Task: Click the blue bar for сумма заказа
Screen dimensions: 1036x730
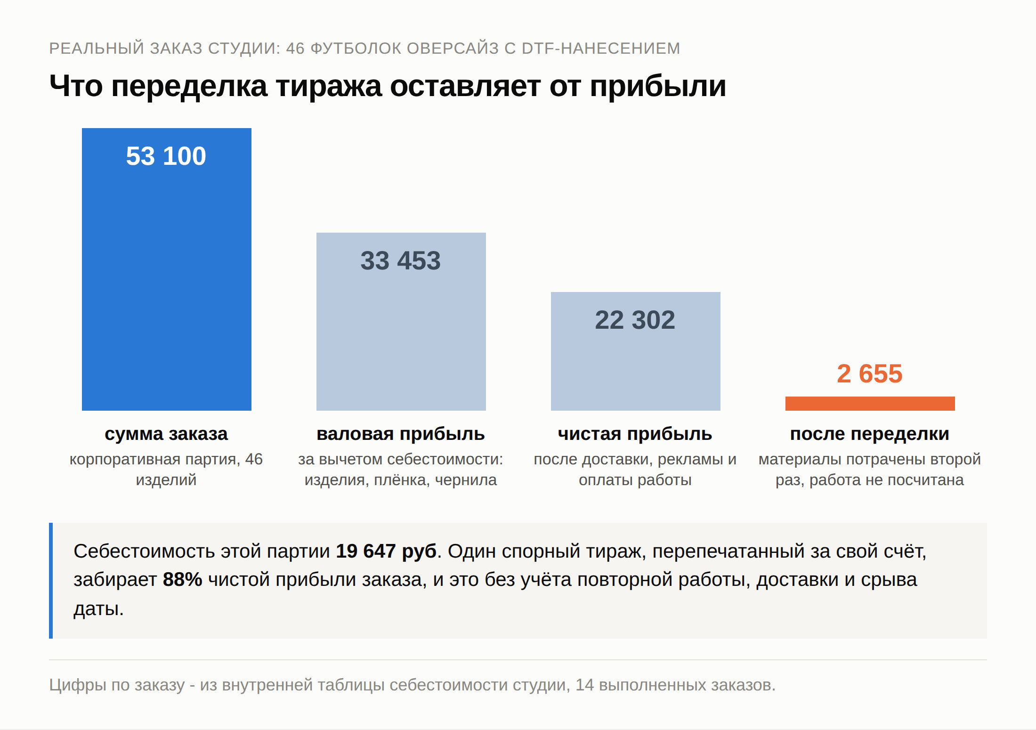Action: (x=167, y=269)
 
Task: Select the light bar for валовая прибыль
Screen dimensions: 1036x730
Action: (x=401, y=322)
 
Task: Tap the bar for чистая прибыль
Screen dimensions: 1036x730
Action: (x=636, y=351)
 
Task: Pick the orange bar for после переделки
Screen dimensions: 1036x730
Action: (x=870, y=404)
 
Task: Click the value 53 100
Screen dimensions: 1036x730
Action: (x=166, y=156)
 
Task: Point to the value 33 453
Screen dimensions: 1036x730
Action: (x=401, y=260)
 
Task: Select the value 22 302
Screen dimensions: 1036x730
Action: (x=635, y=320)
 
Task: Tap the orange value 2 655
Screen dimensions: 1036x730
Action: (x=870, y=373)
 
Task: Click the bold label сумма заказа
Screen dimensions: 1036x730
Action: (x=166, y=434)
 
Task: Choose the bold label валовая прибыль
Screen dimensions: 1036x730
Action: (x=401, y=434)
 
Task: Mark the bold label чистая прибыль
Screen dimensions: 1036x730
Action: (x=635, y=434)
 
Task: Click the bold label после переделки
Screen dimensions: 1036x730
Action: (x=870, y=434)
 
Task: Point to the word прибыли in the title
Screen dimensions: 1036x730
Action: (x=658, y=86)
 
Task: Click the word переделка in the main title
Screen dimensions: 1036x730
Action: (x=189, y=86)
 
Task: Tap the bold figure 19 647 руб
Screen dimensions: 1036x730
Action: (x=386, y=551)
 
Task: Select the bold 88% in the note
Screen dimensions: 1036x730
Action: (x=183, y=580)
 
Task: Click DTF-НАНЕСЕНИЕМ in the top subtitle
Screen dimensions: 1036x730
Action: (x=601, y=49)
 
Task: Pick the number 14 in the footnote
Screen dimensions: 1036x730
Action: (x=585, y=685)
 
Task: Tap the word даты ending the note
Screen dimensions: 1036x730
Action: (x=98, y=609)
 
